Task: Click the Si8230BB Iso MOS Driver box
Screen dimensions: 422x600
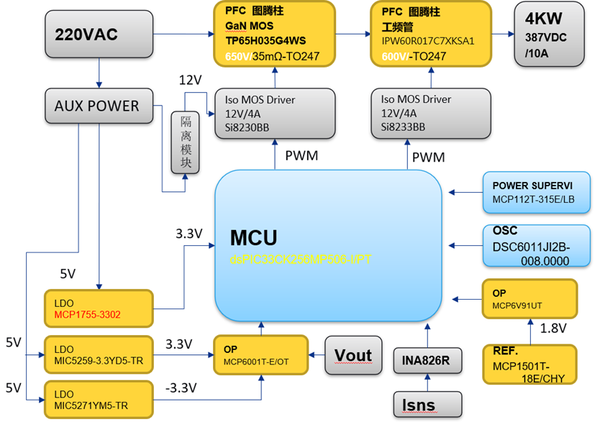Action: (x=274, y=111)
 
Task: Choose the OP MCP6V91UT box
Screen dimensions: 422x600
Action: (x=532, y=297)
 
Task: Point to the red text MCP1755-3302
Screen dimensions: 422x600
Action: (x=90, y=314)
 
